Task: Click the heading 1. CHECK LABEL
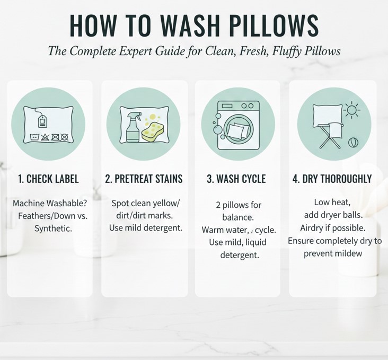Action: pos(48,179)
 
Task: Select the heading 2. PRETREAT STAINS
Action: pos(144,179)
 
